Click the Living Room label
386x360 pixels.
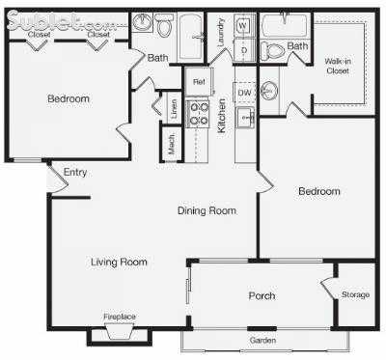[x=119, y=262]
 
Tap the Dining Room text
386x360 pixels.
[x=207, y=210]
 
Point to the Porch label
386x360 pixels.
[x=262, y=296]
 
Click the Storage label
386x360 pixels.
[x=354, y=293]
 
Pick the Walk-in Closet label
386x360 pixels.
[x=337, y=66]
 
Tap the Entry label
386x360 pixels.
[x=75, y=173]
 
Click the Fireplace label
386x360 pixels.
[x=120, y=317]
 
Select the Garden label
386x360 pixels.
[x=263, y=340]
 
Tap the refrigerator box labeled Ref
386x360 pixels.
[x=200, y=81]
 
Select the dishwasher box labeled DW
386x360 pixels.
[x=245, y=93]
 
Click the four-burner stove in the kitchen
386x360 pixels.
[x=198, y=115]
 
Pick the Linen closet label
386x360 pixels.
[x=174, y=110]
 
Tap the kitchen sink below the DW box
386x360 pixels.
[x=245, y=118]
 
